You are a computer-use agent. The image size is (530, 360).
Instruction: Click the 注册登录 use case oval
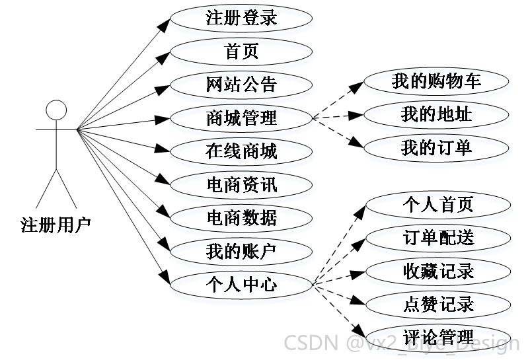241,18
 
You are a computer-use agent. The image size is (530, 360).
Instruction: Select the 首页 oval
241,52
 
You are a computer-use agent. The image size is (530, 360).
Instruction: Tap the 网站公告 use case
241,85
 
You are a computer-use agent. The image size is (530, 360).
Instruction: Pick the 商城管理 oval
241,118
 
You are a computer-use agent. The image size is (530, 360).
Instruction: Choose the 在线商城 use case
241,151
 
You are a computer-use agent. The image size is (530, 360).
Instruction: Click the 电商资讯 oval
241,185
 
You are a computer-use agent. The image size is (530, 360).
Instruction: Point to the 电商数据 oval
241,218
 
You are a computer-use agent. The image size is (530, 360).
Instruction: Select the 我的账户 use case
241,251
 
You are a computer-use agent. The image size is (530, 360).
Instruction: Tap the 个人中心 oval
241,285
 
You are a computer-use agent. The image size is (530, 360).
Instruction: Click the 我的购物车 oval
436,81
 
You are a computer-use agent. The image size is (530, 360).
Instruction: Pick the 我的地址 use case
436,114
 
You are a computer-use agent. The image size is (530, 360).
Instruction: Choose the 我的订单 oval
436,148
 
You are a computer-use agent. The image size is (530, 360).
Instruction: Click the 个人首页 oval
438,205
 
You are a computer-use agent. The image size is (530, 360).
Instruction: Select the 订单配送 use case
438,238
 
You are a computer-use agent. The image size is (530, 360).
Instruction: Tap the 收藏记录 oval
438,271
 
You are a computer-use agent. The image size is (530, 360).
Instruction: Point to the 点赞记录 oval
438,305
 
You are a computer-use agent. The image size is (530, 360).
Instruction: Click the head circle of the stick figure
56,110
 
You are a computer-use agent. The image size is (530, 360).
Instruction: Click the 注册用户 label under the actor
56,224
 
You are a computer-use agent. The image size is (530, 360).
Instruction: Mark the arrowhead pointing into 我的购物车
357,87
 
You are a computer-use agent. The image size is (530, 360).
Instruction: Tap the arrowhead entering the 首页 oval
163,57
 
